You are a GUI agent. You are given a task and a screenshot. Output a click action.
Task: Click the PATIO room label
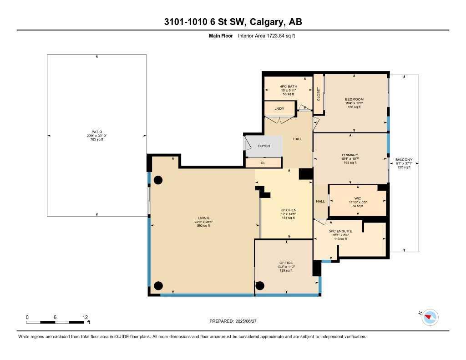96,132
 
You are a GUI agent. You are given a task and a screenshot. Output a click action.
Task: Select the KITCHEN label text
288,210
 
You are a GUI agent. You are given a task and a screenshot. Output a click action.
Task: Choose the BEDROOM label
354,99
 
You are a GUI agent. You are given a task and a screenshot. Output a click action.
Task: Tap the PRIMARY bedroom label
350,155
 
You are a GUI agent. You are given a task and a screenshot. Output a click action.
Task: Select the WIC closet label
357,198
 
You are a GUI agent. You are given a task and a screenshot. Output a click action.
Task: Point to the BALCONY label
403,160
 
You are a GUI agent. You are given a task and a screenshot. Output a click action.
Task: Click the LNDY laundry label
279,109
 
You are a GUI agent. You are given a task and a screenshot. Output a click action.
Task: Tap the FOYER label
264,146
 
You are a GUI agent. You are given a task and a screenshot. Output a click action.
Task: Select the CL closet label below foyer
263,163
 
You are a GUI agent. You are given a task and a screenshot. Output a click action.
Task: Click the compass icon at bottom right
430,317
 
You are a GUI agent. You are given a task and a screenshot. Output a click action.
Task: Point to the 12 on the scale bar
85,317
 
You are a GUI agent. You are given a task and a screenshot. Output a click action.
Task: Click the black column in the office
260,286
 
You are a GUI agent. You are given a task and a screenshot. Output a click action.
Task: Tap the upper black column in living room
158,180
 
